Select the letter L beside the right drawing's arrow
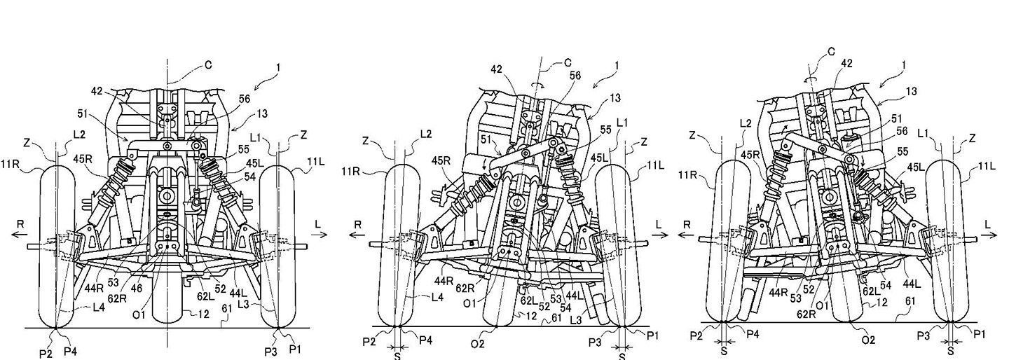tap(988, 224)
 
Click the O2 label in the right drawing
tap(868, 340)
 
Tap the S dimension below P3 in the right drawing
tap(950, 352)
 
